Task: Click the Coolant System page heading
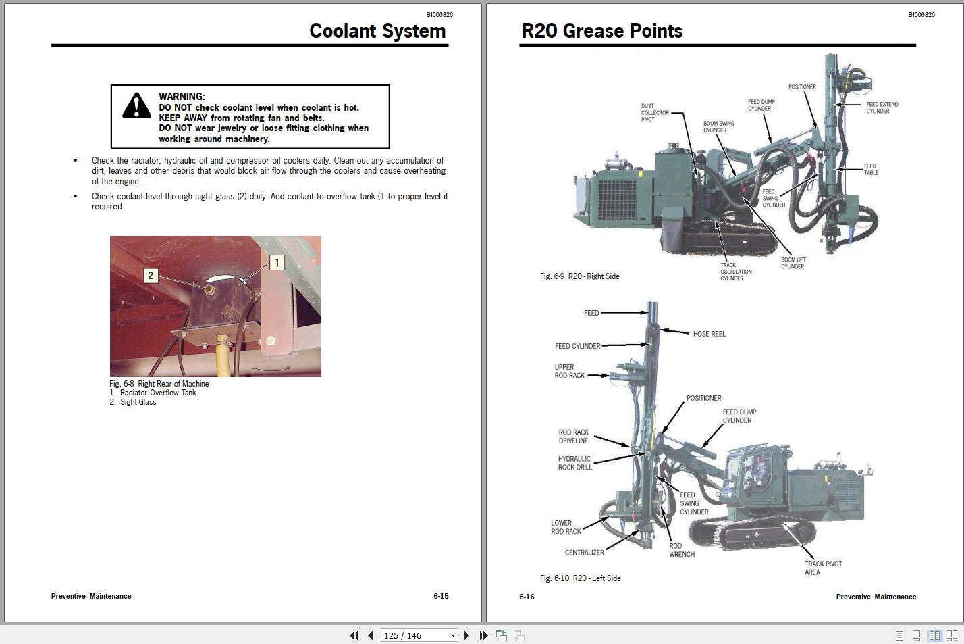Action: (x=377, y=31)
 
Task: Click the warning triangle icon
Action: (x=136, y=106)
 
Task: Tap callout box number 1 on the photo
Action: (x=277, y=263)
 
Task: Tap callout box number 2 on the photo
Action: (x=151, y=276)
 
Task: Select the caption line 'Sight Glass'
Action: (x=138, y=402)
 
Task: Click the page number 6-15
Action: (x=441, y=596)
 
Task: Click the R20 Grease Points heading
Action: (x=601, y=31)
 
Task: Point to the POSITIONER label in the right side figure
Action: (x=802, y=87)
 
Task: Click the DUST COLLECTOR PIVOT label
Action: (x=654, y=113)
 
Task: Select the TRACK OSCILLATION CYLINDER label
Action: (x=735, y=272)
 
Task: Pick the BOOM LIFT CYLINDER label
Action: (x=793, y=263)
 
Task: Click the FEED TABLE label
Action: (x=871, y=169)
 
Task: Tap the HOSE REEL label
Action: (x=709, y=334)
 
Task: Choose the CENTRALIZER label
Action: (x=584, y=553)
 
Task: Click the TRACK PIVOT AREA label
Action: (x=822, y=568)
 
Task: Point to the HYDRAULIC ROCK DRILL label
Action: (x=574, y=463)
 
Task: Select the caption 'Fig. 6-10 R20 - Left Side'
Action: (x=580, y=578)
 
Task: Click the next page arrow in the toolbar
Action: (x=466, y=635)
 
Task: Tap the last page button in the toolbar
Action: (x=483, y=635)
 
